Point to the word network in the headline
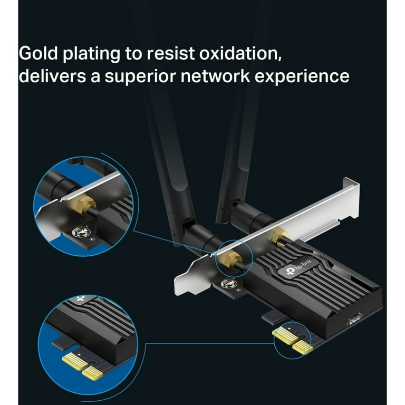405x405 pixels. [215, 76]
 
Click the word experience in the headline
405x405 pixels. [302, 77]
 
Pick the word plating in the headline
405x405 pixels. [91, 54]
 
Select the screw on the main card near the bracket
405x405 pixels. [228, 283]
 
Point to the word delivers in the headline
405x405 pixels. [52, 76]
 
